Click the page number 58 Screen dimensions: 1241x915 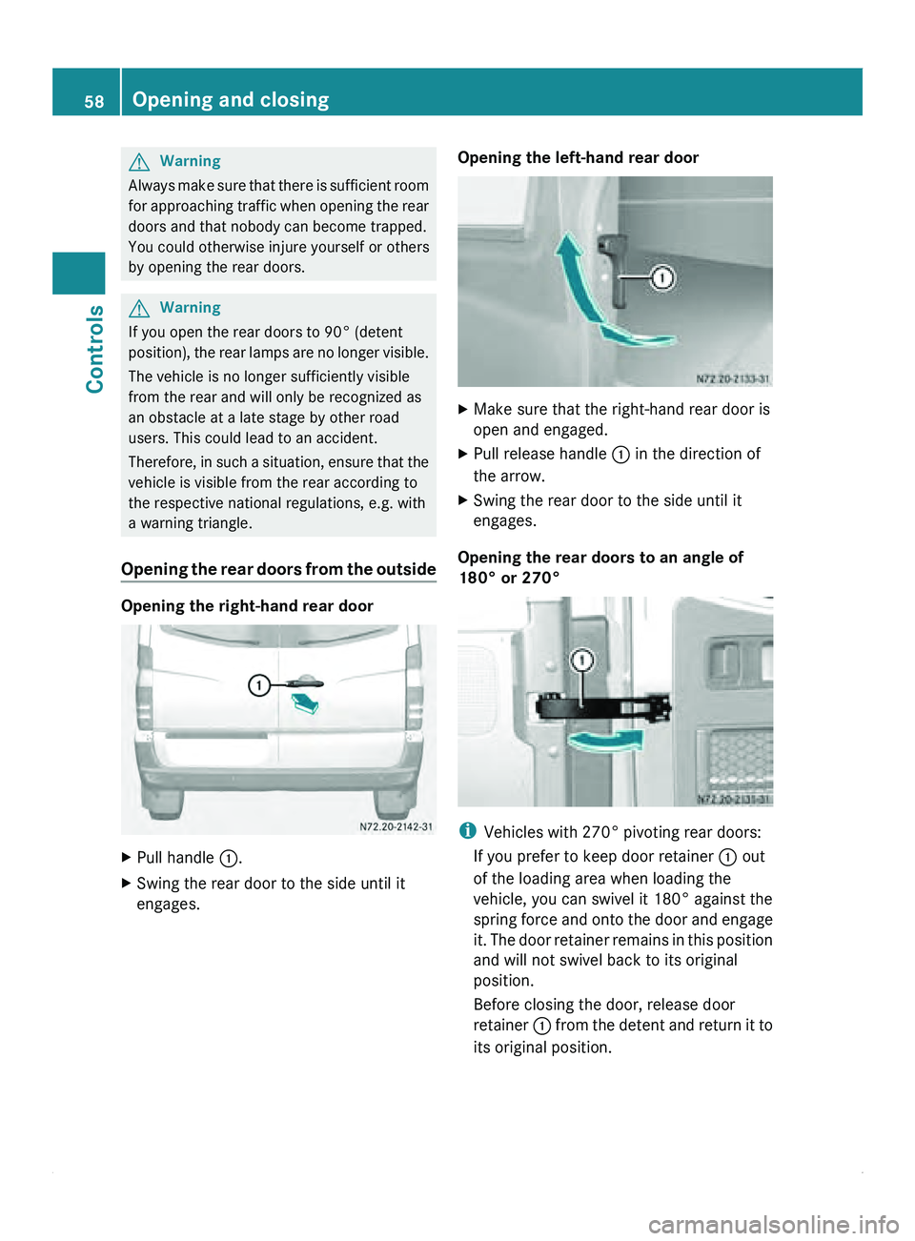click(x=93, y=101)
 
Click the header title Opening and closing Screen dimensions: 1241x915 click(x=231, y=99)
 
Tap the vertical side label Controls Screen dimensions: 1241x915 click(x=95, y=348)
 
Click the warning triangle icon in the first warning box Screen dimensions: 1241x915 click(x=139, y=162)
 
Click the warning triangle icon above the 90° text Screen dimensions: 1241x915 click(x=139, y=308)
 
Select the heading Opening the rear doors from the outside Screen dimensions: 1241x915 click(x=278, y=569)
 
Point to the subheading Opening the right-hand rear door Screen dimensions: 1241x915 click(x=247, y=606)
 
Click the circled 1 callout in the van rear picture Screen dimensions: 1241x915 click(x=258, y=684)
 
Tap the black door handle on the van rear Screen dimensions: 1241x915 click(x=306, y=682)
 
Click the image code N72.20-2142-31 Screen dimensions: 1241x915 click(x=396, y=826)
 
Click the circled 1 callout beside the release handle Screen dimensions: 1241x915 click(x=662, y=277)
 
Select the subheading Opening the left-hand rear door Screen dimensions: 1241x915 click(x=578, y=158)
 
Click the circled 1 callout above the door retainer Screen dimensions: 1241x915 click(x=581, y=660)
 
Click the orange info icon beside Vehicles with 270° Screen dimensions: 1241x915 click(x=467, y=831)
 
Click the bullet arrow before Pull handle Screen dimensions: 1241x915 click(x=127, y=858)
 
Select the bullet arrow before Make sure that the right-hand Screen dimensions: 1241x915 click(x=463, y=410)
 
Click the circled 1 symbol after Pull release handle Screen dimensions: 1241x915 click(x=620, y=455)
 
